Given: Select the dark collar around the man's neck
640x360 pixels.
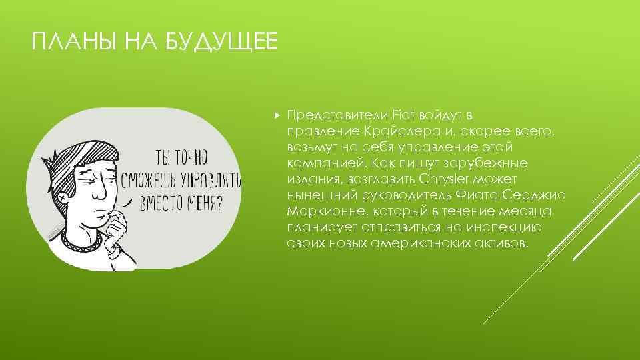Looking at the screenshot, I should pos(80,237).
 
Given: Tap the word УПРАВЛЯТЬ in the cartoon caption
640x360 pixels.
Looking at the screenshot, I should pos(209,180).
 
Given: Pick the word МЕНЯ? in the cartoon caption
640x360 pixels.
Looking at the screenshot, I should pos(206,202).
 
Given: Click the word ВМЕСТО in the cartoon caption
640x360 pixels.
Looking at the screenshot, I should pos(161,202).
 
